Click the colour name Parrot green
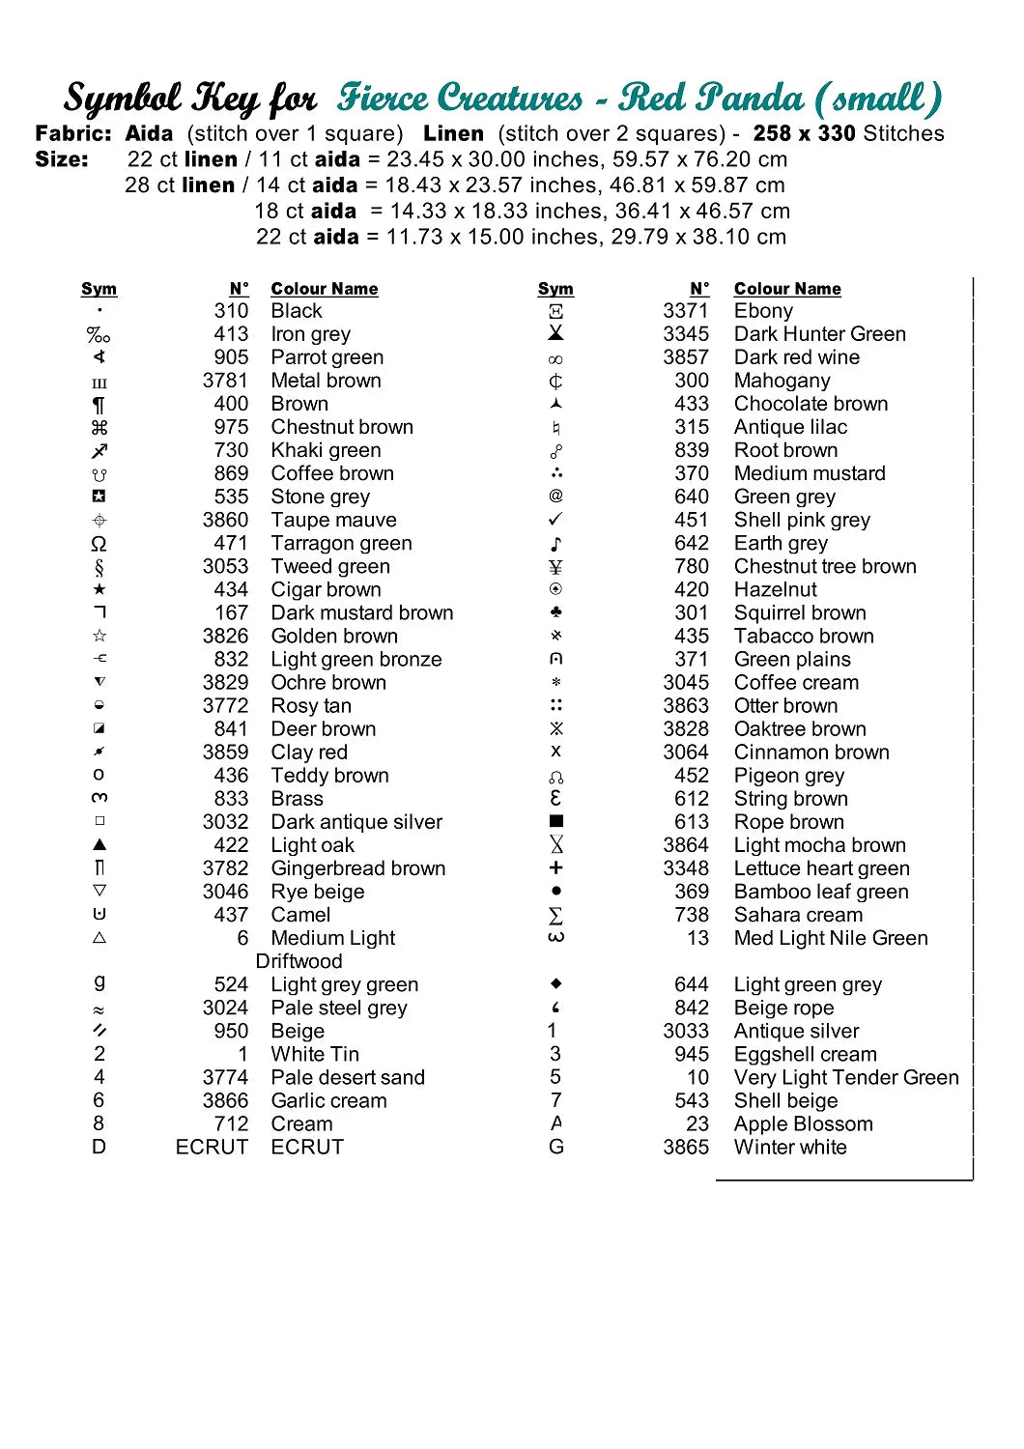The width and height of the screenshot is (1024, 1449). [327, 357]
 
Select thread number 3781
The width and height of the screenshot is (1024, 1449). [225, 381]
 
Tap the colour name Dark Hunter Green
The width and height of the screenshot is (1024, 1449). [819, 334]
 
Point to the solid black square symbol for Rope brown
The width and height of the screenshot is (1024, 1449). [555, 821]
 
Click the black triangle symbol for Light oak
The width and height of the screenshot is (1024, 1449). [99, 844]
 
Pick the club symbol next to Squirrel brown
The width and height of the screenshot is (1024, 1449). [555, 612]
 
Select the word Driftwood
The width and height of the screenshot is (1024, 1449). [299, 961]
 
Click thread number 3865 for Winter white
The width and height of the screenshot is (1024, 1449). [685, 1147]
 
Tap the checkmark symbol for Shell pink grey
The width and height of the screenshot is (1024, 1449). [555, 520]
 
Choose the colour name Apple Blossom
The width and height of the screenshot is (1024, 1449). [803, 1123]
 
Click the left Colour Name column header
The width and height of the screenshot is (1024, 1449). [324, 289]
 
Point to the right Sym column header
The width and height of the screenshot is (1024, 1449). [555, 289]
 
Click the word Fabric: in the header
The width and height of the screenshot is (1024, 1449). [73, 133]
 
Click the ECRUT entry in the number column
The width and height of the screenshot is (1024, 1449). [212, 1147]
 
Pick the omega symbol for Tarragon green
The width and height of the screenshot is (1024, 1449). [99, 544]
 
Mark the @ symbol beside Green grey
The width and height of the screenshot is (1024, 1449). [555, 497]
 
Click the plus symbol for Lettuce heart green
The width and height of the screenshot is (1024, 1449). [555, 867]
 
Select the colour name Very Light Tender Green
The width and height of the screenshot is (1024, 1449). [846, 1077]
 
